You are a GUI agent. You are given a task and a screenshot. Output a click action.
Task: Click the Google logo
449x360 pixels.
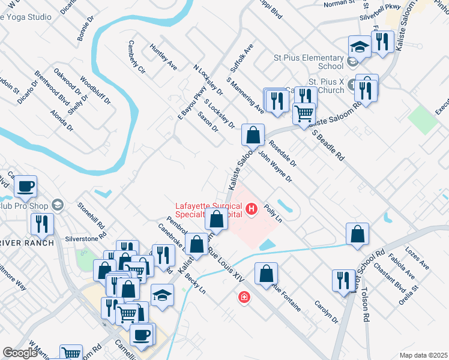pyautogui.click(x=20, y=353)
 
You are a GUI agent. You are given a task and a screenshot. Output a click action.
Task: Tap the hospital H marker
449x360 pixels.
pyautogui.click(x=252, y=209)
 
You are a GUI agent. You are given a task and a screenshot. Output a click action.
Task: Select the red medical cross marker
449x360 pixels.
pyautogui.click(x=244, y=297)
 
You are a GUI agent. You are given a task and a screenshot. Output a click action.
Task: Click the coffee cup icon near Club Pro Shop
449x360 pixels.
pyautogui.click(x=25, y=186)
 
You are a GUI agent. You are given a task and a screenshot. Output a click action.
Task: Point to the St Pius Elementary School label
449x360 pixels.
pyautogui.click(x=308, y=62)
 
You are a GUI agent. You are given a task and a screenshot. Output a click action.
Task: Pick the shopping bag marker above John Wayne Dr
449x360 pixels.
pyautogui.click(x=253, y=134)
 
